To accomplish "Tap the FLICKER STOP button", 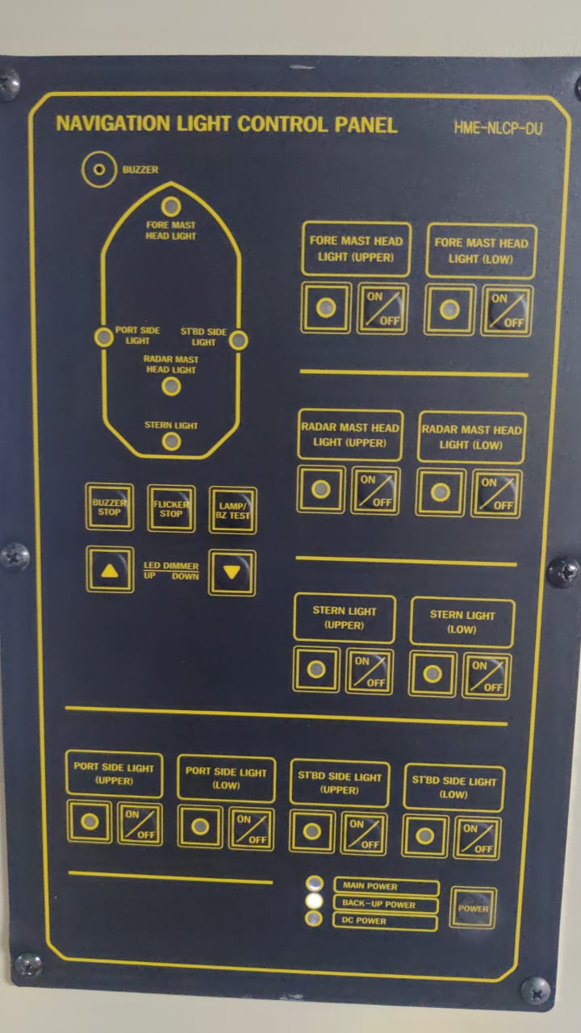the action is pos(171,508).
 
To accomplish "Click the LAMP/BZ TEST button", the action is pos(233,510).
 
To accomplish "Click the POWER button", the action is pos(473,908).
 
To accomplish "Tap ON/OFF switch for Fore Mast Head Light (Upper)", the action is pos(382,308).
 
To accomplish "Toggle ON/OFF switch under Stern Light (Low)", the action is pos(487,675).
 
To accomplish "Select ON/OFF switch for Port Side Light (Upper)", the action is pos(140,824).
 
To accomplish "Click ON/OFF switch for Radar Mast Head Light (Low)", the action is pos(496,494).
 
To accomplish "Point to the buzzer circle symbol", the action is pos(99,169).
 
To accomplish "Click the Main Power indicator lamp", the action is pos(315,884).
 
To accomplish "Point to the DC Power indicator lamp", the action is pos(314,918).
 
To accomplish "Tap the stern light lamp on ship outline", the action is pos(171,441).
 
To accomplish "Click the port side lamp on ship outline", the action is pos(104,337).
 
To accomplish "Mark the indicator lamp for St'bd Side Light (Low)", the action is pos(424,835).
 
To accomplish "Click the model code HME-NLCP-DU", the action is pos(498,128).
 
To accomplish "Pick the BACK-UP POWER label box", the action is pos(385,905).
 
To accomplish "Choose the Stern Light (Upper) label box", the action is pos(345,618).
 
